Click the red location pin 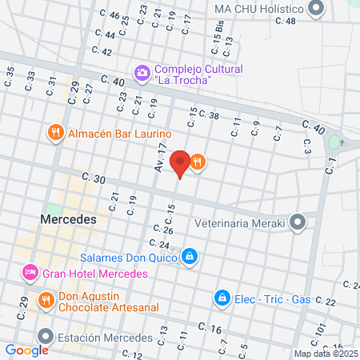[181, 162]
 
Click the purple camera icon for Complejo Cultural [142, 74]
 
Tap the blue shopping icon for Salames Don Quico [190, 257]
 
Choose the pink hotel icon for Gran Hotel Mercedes [30, 273]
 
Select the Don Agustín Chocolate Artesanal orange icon [46, 301]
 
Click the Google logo [26, 350]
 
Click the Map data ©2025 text [326, 353]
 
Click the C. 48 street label [285, 21]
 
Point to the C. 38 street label [208, 115]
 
